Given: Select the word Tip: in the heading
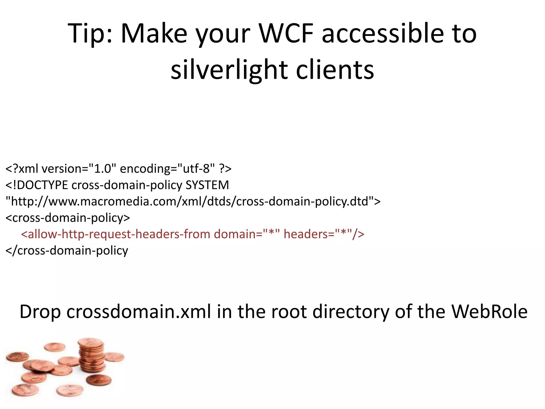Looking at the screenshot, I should coord(90,34).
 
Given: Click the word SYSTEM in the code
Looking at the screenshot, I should coord(207,185).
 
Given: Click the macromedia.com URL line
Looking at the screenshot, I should coord(193,202).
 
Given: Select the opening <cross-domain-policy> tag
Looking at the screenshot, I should coord(68,218).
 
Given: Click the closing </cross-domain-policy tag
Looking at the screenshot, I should coord(67,251).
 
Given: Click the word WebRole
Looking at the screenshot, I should coord(489,312).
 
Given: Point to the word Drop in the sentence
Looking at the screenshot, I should coord(40,312).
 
